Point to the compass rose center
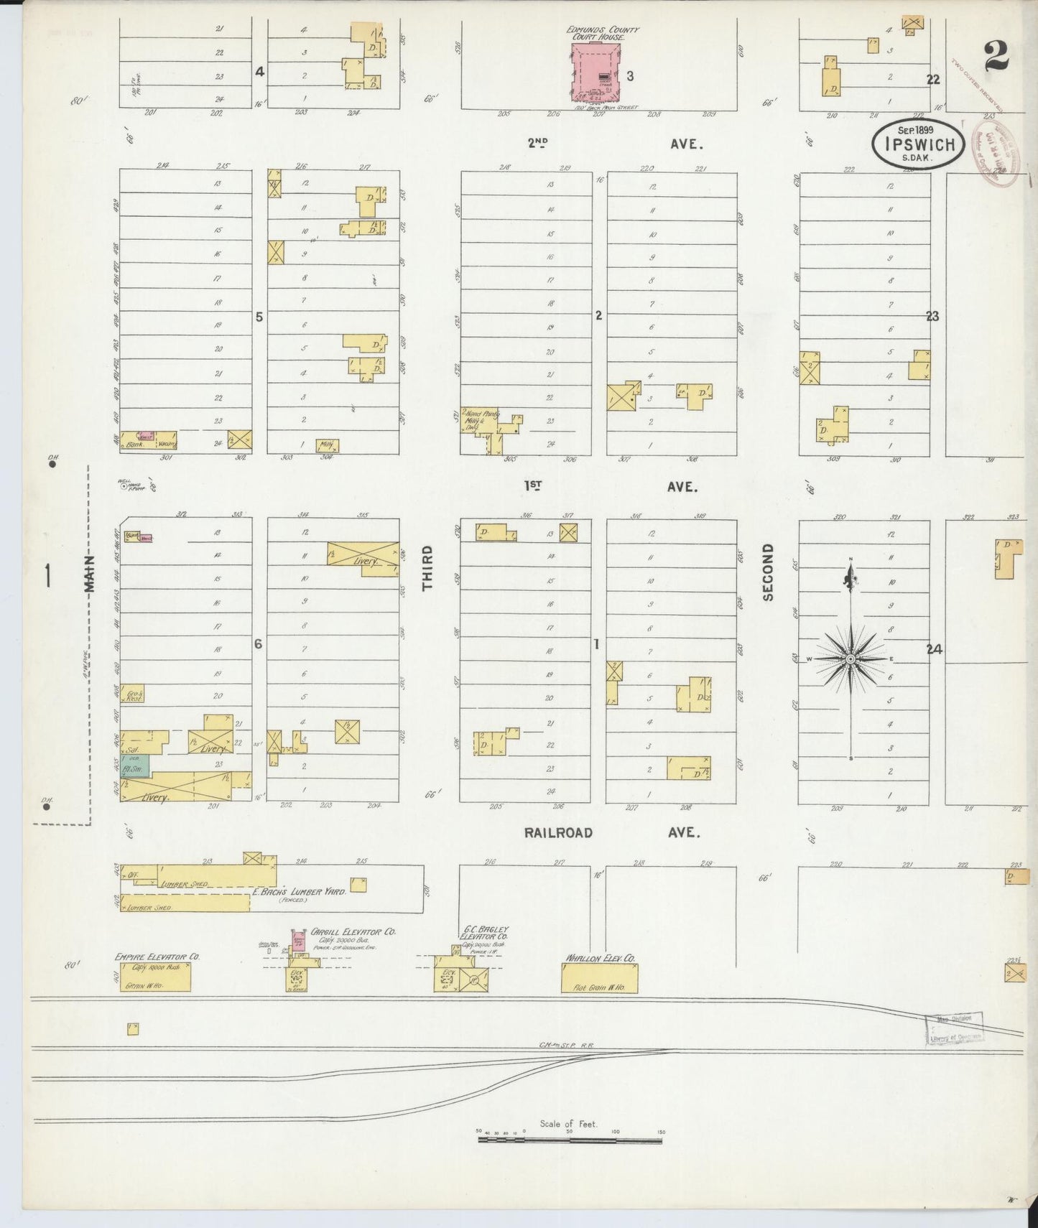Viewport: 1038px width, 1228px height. click(x=851, y=659)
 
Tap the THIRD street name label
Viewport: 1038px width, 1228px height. click(x=428, y=568)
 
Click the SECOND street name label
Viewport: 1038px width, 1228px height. click(x=768, y=572)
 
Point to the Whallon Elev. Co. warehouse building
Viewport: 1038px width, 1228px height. click(x=599, y=978)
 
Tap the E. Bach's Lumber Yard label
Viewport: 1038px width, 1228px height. click(x=300, y=891)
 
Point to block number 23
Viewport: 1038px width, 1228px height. click(x=932, y=316)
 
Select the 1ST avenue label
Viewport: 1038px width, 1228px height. click(x=532, y=486)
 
